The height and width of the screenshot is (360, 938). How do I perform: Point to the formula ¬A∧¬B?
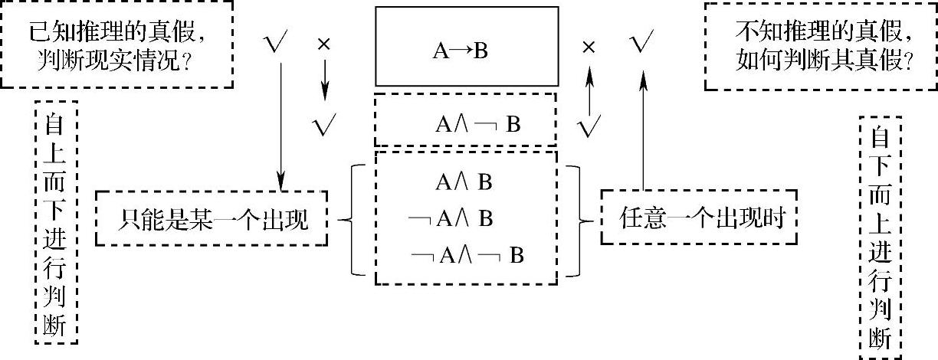467,255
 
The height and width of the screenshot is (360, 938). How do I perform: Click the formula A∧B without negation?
464,182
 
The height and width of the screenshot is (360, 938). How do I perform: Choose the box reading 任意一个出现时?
703,220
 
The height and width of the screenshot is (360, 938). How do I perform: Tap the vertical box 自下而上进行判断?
881,238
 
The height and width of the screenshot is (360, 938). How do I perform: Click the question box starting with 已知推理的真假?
116,44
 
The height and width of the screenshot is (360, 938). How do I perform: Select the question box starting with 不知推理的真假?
818,45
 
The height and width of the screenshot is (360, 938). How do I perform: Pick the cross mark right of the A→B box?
589,47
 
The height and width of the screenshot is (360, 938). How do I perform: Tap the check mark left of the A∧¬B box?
326,126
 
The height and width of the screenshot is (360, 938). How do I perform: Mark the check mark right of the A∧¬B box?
589,126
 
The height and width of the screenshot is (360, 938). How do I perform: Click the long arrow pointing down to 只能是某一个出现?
281,123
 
